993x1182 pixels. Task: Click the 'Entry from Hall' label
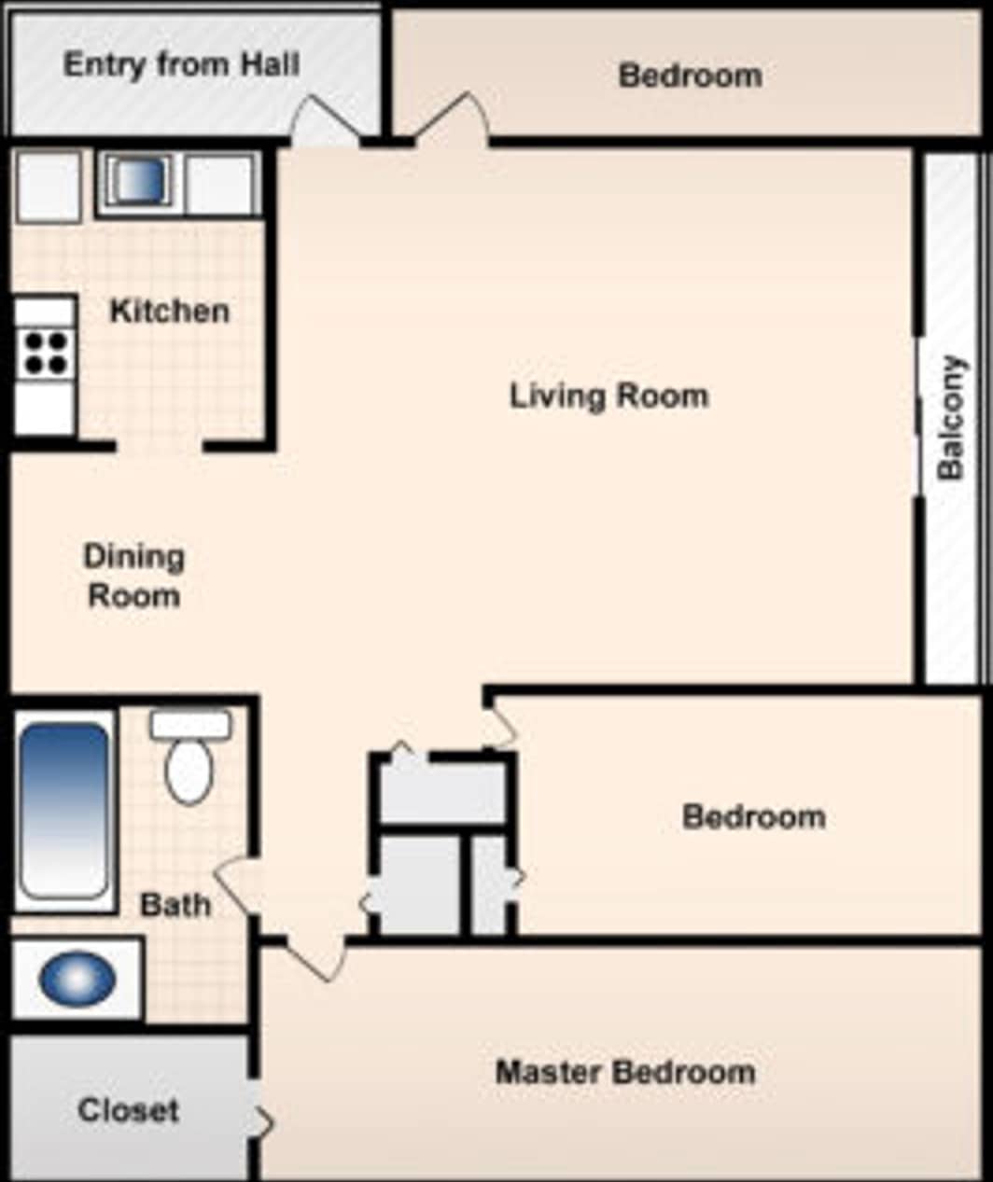181,64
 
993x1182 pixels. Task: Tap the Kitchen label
169,311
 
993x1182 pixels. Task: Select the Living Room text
608,396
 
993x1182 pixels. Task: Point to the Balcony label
950,417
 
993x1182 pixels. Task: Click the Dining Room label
134,576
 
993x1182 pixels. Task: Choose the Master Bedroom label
625,1072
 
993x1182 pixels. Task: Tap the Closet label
128,1110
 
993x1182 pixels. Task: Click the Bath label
175,904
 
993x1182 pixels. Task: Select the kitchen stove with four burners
45,353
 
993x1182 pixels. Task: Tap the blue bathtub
63,809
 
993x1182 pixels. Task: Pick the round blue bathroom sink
77,979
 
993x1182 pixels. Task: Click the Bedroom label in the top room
690,76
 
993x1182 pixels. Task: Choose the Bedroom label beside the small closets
753,817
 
